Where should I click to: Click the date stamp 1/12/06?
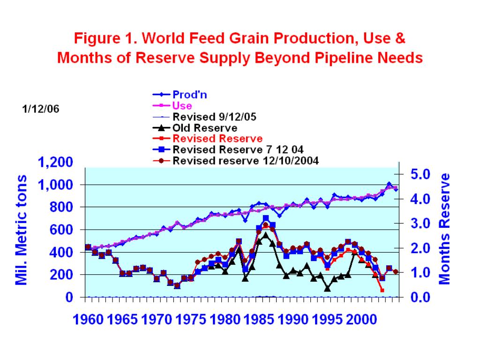(40, 109)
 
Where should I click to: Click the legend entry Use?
(182, 106)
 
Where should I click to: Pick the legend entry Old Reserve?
(204, 128)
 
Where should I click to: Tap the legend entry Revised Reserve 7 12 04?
(238, 150)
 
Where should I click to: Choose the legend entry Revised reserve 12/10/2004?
(246, 161)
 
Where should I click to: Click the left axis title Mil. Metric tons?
(22, 230)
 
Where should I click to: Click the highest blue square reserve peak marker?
(266, 218)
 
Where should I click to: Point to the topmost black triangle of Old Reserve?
(266, 234)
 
